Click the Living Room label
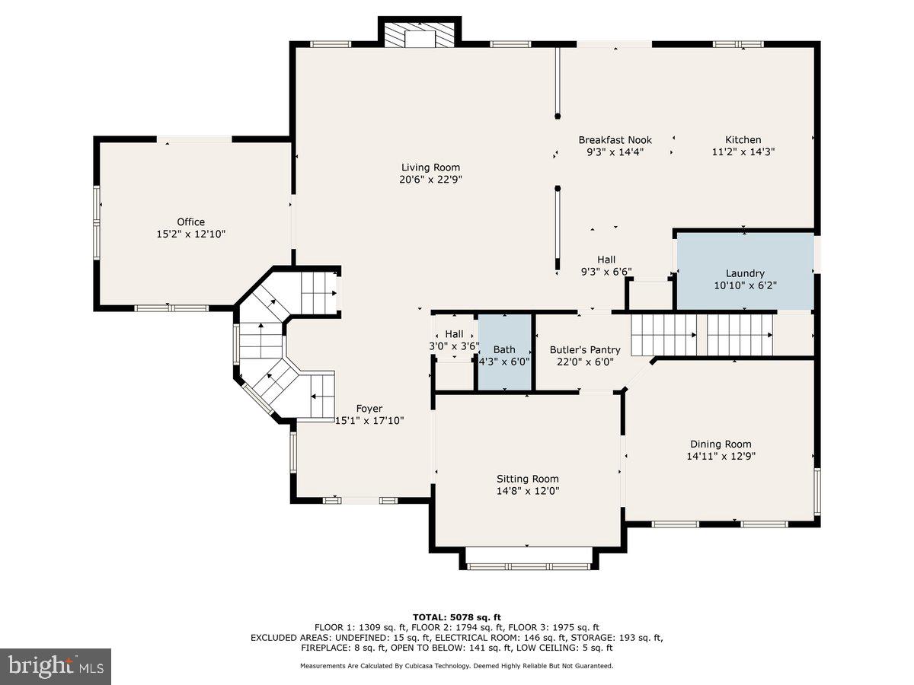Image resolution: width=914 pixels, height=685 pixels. pyautogui.click(x=431, y=167)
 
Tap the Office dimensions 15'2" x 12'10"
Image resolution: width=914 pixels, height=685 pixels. pyautogui.click(x=190, y=234)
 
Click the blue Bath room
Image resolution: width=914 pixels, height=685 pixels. pyautogui.click(x=503, y=353)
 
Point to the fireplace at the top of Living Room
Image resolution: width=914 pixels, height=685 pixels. pyautogui.click(x=420, y=34)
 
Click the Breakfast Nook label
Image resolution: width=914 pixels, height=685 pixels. pyautogui.click(x=615, y=140)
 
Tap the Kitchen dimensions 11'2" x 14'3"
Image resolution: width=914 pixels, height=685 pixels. pyautogui.click(x=743, y=152)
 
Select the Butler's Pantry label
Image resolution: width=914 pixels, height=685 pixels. pyautogui.click(x=585, y=350)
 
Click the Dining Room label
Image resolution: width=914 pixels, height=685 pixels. pyautogui.click(x=721, y=444)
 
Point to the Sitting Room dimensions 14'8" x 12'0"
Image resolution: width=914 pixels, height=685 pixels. pyautogui.click(x=528, y=492)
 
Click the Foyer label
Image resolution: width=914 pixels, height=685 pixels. pyautogui.click(x=370, y=409)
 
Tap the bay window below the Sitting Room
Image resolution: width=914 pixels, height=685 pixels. pyautogui.click(x=528, y=566)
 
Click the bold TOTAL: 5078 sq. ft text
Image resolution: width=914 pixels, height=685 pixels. pyautogui.click(x=456, y=617)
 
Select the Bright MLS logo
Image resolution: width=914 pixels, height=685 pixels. pyautogui.click(x=56, y=667)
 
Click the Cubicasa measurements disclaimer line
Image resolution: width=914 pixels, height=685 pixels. pyautogui.click(x=456, y=666)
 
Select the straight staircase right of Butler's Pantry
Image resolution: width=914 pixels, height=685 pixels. pyautogui.click(x=701, y=334)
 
